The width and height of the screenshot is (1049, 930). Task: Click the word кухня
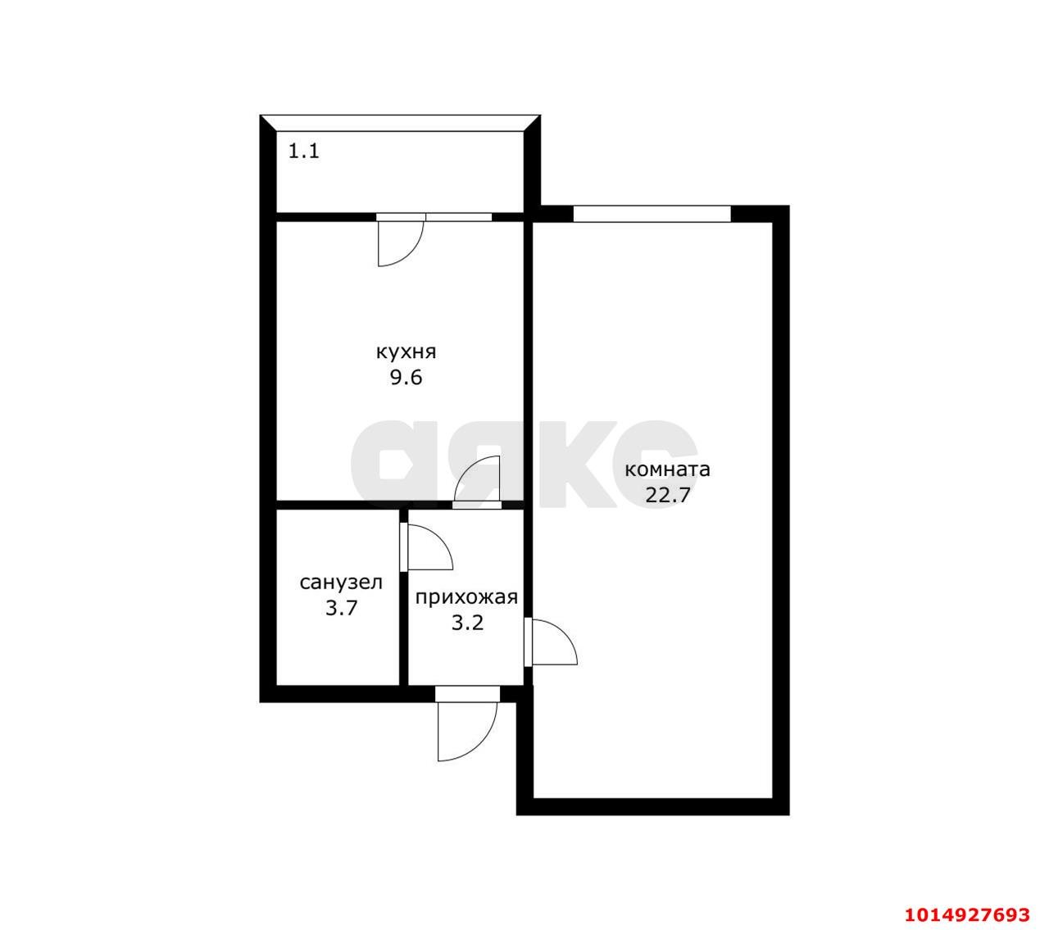pos(406,352)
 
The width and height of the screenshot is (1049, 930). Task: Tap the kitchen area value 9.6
pos(406,378)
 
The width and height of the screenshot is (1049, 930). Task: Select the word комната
pos(667,470)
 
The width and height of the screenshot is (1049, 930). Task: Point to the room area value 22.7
pos(667,496)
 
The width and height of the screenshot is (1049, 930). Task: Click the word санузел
pos(341,583)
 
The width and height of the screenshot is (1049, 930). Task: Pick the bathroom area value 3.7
pos(341,608)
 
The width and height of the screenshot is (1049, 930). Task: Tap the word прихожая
pos(466,597)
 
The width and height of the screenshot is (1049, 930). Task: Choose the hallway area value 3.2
pos(468,623)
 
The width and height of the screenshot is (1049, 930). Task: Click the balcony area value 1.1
pos(303,152)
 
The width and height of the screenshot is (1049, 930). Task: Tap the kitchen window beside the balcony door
pos(459,217)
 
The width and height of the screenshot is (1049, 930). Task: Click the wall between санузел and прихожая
pos(403,597)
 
